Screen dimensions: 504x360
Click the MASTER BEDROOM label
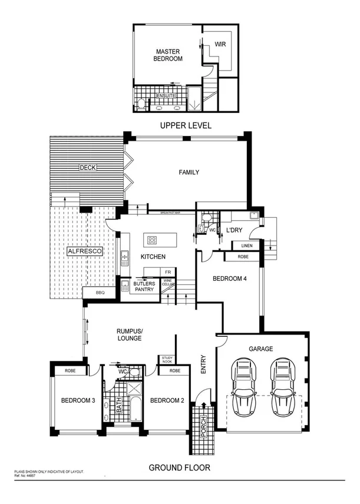coord(168,55)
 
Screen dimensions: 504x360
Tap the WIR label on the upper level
coord(220,44)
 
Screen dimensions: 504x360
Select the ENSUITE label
coord(166,95)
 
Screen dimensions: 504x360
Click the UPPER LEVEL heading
coord(186,125)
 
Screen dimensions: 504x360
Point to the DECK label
coord(88,167)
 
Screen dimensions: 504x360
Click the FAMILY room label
coord(189,173)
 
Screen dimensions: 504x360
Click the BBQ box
coord(94,292)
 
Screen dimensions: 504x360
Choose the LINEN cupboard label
coord(246,245)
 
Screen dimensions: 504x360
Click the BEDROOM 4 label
coord(229,278)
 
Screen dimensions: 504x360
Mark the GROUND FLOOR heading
coord(179,467)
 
